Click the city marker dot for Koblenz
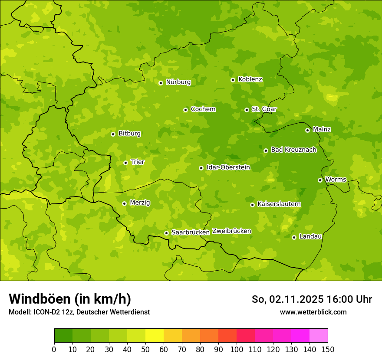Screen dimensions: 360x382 click(233, 80)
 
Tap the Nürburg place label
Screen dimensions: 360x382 click(178, 82)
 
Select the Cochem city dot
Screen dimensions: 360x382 click(185, 110)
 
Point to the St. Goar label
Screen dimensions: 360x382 click(264, 109)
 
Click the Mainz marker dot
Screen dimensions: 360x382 click(307, 130)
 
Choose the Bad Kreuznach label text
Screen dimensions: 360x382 click(293, 150)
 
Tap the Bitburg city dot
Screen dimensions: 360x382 click(113, 134)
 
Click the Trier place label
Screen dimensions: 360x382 click(138, 162)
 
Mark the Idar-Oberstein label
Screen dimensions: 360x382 click(228, 167)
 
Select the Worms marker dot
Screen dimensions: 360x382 click(320, 180)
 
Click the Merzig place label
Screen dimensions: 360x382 click(140, 203)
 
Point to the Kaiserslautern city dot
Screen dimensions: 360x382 click(252, 205)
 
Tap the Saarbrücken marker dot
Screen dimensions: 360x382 click(166, 233)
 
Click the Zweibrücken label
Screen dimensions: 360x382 click(232, 231)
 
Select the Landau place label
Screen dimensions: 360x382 click(310, 236)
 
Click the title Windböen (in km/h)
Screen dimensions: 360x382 click(70, 299)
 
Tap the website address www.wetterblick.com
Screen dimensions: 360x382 click(313, 312)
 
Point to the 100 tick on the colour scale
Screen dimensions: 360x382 click(237, 349)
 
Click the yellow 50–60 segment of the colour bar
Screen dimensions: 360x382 click(155, 336)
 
